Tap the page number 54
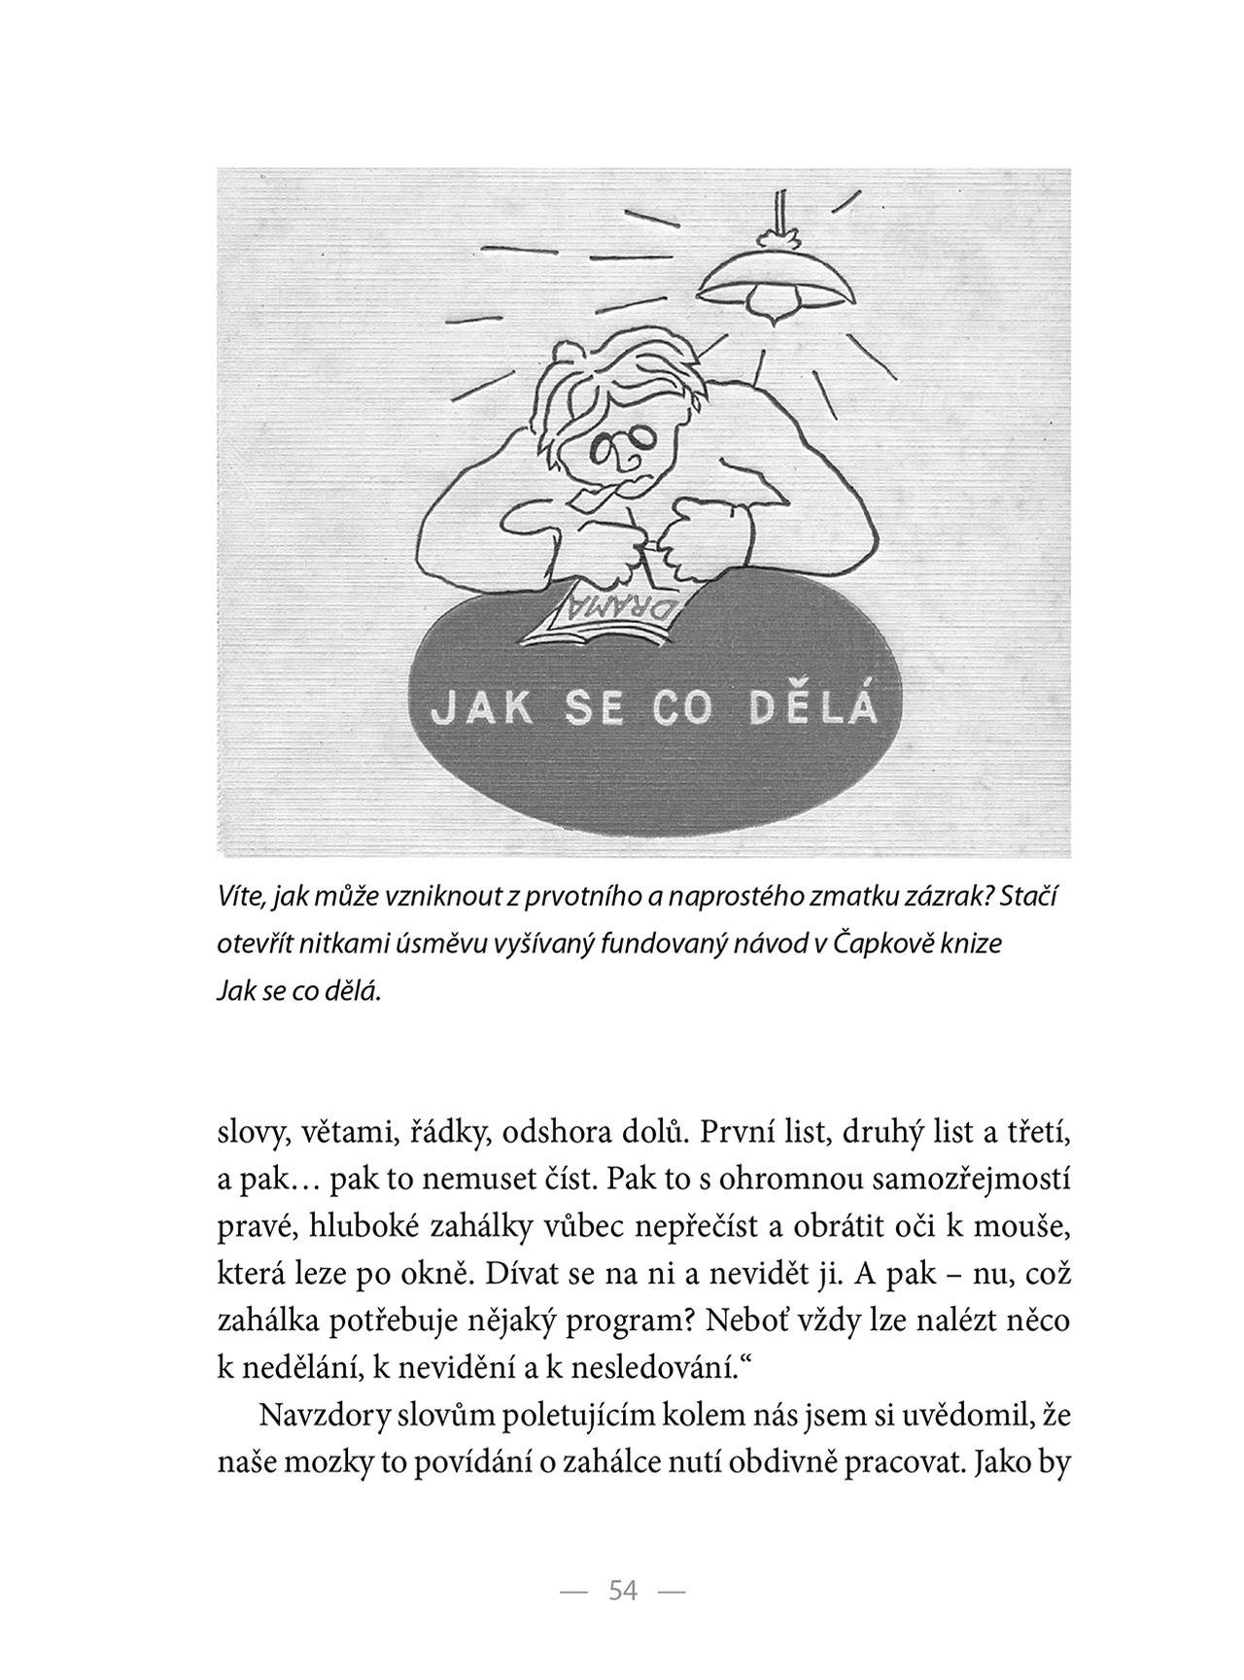click(x=622, y=1591)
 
